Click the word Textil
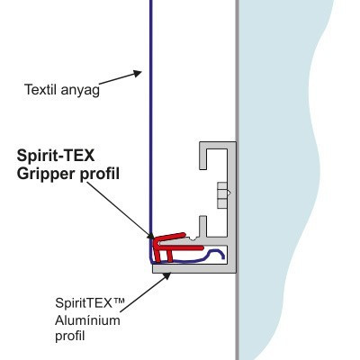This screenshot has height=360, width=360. point(40,89)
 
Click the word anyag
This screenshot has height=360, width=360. point(80,91)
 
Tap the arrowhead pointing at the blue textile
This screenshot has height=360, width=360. point(138,74)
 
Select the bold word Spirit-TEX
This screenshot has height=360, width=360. point(56,156)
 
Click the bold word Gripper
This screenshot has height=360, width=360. point(46,175)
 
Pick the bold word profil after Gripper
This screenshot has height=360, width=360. point(100,175)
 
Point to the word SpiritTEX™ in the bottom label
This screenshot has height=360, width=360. point(89,303)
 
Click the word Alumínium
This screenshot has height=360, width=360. point(87,320)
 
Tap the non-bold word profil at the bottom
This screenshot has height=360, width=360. point(69,337)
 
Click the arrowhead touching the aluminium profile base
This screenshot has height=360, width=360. point(166,276)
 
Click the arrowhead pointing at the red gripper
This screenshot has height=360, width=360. point(150,235)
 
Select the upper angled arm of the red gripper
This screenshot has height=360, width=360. point(170,237)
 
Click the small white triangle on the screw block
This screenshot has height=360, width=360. point(229,193)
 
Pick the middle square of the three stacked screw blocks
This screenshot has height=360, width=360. point(222,193)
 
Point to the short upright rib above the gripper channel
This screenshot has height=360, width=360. point(202,227)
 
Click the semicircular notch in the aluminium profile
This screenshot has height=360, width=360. point(192,238)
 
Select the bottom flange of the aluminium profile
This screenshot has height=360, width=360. point(194,268)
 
